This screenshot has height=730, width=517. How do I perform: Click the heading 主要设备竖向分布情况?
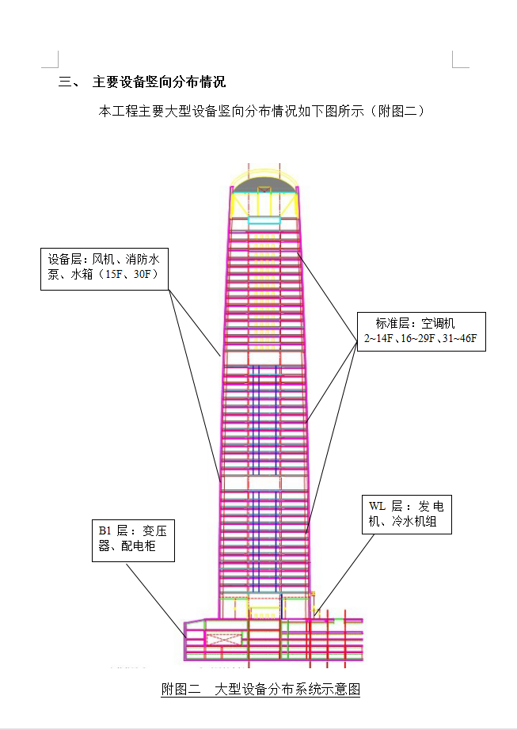coord(159,82)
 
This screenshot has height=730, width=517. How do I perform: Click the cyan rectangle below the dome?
coord(264,220)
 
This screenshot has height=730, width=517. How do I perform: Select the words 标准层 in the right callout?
coord(393,323)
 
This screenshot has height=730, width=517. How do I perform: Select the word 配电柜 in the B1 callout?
coord(143,546)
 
